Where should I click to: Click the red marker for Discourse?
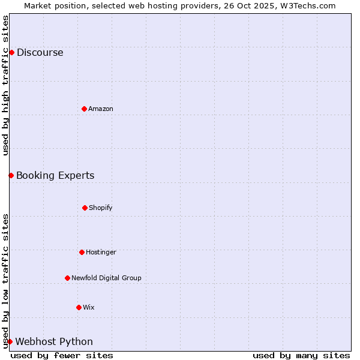pyautogui.click(x=11, y=52)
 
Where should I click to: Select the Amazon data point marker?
pyautogui.click(x=84, y=109)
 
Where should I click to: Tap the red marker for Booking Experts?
pyautogui.click(x=11, y=175)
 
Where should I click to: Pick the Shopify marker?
pyautogui.click(x=85, y=208)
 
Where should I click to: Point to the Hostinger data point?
pyautogui.click(x=82, y=252)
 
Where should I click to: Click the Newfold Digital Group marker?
pyautogui.click(x=67, y=278)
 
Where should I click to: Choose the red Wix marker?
pyautogui.click(x=79, y=307)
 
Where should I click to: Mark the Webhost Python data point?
pyautogui.click(x=10, y=341)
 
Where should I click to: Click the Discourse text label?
pyautogui.click(x=40, y=52)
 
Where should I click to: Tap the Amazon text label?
pyautogui.click(x=101, y=109)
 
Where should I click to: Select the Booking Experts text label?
pyautogui.click(x=55, y=175)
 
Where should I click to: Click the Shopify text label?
pyautogui.click(x=101, y=208)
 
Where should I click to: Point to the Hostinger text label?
pyautogui.click(x=101, y=252)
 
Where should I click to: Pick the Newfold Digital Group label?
pyautogui.click(x=106, y=278)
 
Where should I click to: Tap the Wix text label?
pyautogui.click(x=89, y=307)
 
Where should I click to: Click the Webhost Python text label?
pyautogui.click(x=54, y=341)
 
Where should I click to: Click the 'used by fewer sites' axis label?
pyautogui.click(x=62, y=355)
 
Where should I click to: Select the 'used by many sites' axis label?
pyautogui.click(x=301, y=355)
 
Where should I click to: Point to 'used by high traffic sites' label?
pyautogui.click(x=5, y=85)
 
